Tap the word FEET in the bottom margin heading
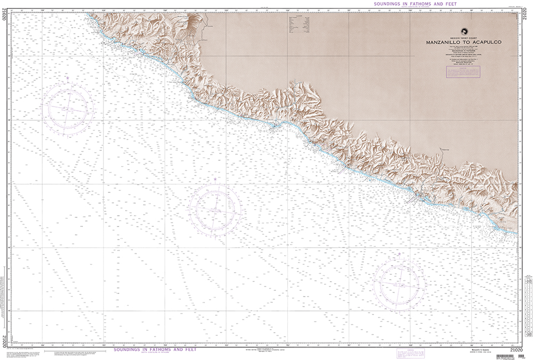tap(188, 350)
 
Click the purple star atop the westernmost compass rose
tap(68, 78)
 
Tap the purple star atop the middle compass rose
tap(215, 179)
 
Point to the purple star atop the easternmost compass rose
tap(399, 254)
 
